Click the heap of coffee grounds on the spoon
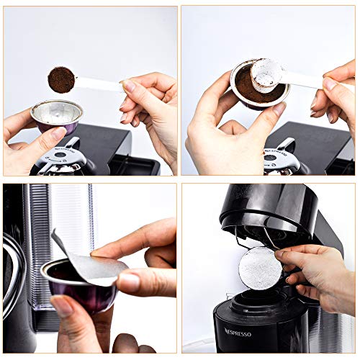(x=61, y=78)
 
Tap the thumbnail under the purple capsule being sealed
(x=62, y=307)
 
